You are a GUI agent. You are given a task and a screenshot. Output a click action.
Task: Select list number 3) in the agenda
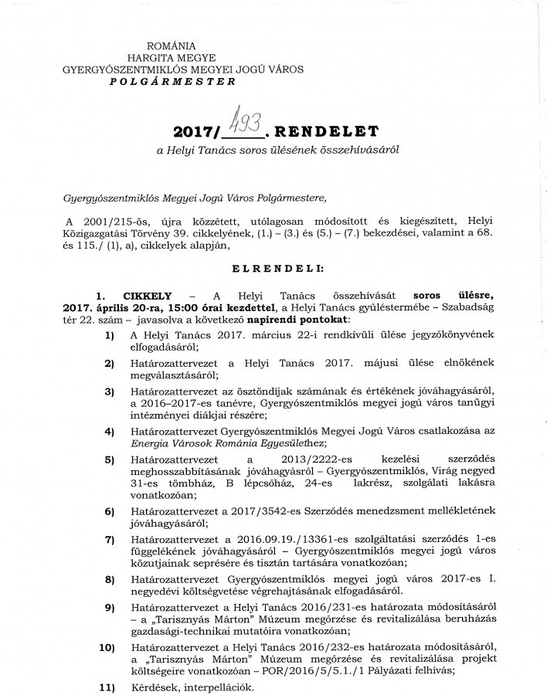110,393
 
